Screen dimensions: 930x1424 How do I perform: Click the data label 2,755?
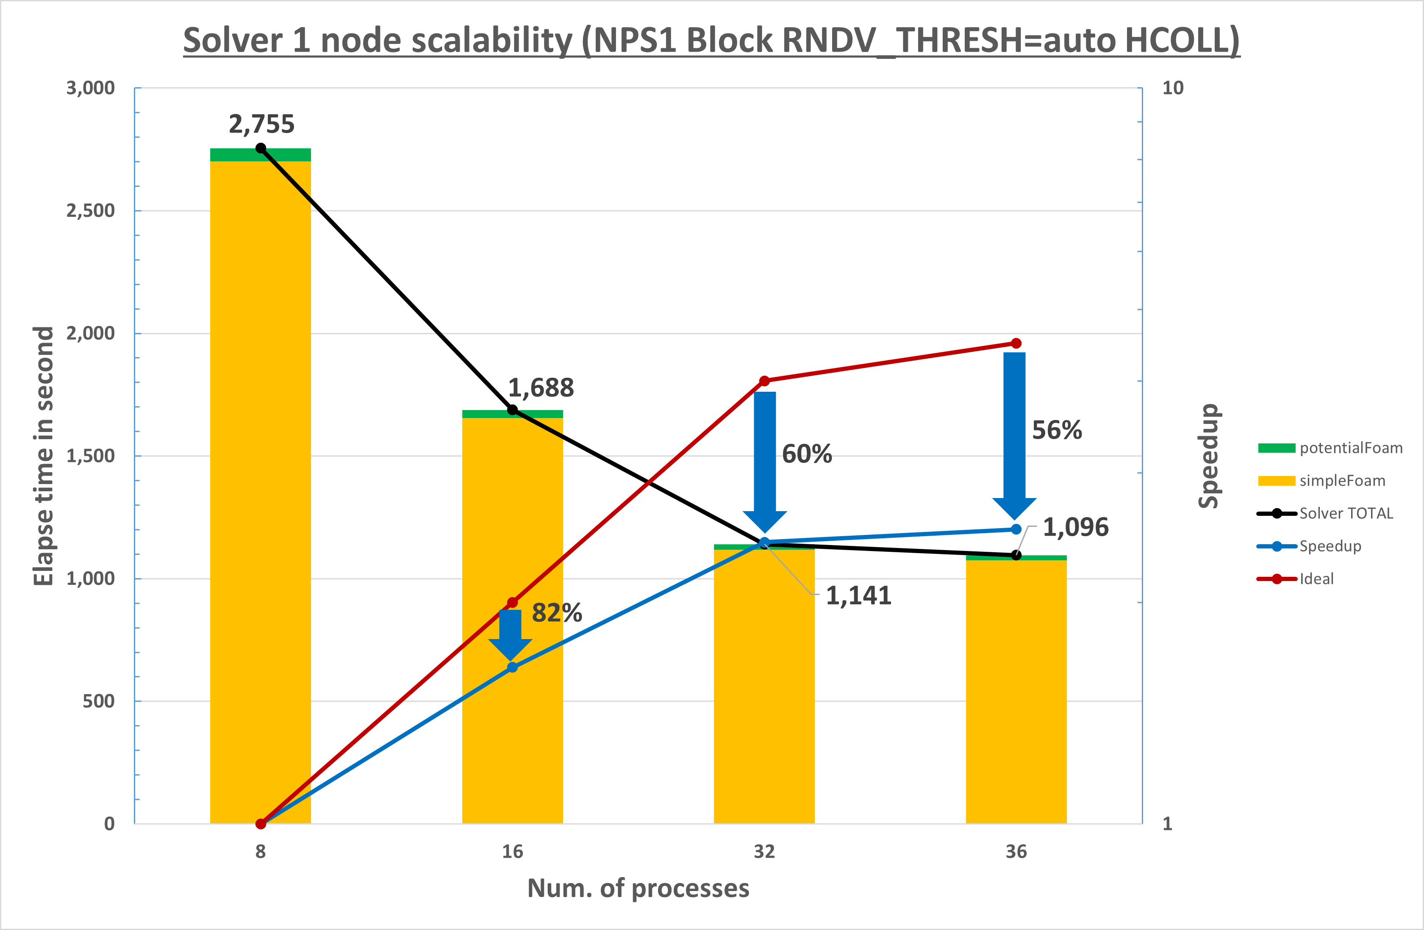click(261, 124)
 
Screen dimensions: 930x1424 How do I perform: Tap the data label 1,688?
click(541, 387)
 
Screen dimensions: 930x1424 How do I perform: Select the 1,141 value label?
click(858, 596)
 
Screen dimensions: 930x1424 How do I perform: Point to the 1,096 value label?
click(1076, 527)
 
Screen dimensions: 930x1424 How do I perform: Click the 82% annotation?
click(556, 612)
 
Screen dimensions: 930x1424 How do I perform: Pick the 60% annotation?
click(807, 454)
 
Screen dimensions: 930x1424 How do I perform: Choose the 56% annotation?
click(1057, 430)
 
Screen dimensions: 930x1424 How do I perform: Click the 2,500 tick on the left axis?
click(90, 210)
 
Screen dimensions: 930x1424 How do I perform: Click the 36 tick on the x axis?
click(1016, 851)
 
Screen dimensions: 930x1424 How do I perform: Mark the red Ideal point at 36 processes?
click(1016, 343)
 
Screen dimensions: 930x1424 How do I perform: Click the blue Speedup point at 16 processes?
click(512, 667)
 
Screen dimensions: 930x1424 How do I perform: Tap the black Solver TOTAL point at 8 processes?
click(261, 148)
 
